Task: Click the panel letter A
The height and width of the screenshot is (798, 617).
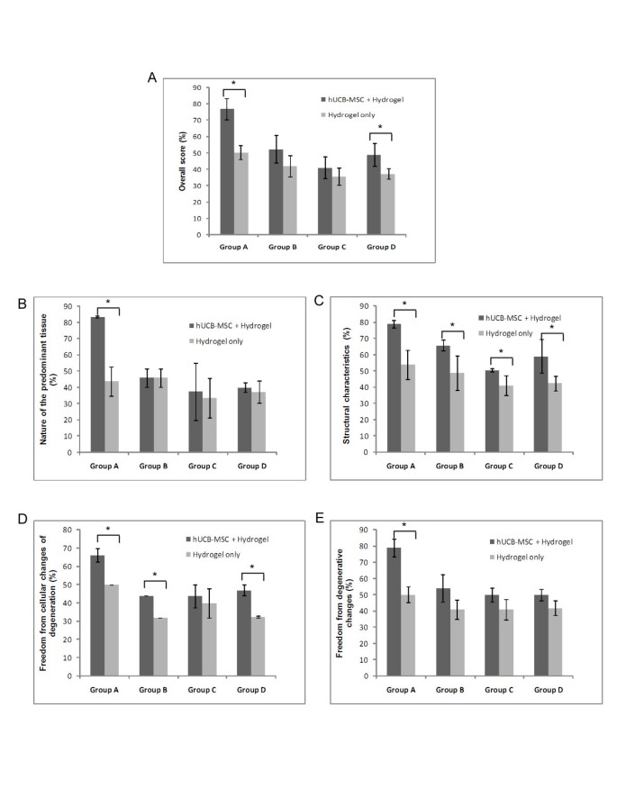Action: [x=152, y=78]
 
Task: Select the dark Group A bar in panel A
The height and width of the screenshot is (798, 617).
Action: [x=227, y=172]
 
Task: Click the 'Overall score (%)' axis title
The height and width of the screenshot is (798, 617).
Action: [x=181, y=160]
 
